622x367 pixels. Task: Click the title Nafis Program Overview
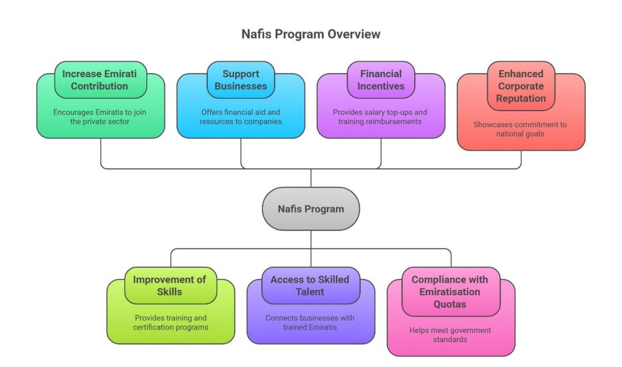tap(310, 34)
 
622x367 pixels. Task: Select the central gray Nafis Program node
tap(310, 208)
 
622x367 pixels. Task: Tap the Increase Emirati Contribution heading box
tap(100, 80)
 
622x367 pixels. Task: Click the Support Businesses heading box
tap(241, 80)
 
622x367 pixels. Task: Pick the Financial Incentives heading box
tap(381, 80)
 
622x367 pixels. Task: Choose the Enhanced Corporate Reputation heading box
tap(521, 86)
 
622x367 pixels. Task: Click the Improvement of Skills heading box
tap(170, 286)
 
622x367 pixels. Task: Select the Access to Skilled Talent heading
tap(310, 286)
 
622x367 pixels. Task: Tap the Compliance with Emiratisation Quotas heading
tap(449, 292)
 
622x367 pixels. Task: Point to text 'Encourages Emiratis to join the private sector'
tap(100, 117)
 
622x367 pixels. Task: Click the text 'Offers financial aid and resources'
tap(241, 117)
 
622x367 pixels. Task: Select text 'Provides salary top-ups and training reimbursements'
tap(381, 117)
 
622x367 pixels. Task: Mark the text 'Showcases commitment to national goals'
tap(521, 129)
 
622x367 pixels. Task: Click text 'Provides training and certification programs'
tap(170, 323)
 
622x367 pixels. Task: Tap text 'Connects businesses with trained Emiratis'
tap(310, 323)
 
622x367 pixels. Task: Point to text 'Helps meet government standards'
tap(450, 335)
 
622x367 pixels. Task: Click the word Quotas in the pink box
tap(449, 304)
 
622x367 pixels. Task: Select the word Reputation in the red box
tap(521, 98)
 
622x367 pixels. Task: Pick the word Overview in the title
tap(354, 34)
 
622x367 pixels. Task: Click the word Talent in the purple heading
tap(310, 292)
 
